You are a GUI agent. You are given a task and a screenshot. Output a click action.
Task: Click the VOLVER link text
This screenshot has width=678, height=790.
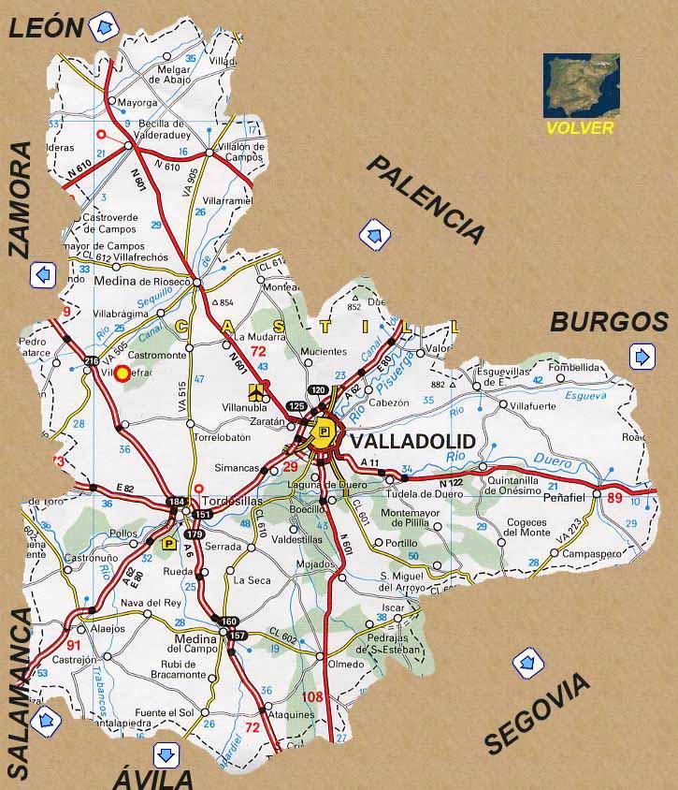point(580,127)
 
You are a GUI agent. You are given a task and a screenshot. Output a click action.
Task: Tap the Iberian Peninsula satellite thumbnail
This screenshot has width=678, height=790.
point(581,85)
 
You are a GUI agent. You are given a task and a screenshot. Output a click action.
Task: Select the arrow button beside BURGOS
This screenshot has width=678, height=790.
point(642,357)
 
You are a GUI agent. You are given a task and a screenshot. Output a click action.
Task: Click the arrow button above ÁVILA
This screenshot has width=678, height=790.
point(166,753)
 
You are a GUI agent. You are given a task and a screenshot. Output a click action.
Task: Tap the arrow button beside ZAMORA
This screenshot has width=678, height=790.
point(43,275)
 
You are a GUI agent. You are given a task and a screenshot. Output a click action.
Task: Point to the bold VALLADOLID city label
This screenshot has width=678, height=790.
point(411,441)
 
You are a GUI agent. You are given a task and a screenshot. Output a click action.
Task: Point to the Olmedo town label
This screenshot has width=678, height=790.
point(345,664)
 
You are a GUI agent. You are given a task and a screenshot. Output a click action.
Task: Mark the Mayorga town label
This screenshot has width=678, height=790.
point(137,101)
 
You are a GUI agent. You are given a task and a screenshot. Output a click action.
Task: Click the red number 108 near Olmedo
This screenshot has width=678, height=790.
point(312,696)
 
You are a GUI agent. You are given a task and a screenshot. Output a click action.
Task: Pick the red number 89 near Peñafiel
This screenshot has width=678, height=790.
point(613,498)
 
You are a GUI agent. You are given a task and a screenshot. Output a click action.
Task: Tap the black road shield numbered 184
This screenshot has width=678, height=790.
point(175,504)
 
